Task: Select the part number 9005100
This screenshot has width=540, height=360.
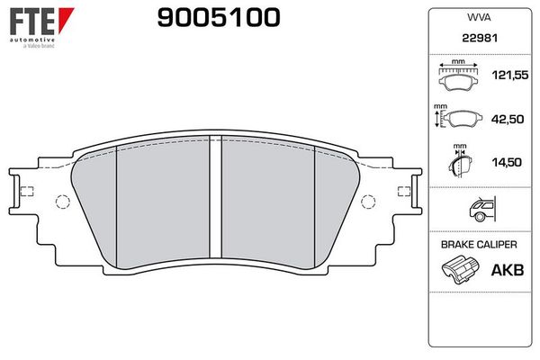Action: coord(218,17)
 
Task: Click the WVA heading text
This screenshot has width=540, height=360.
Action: coord(478,17)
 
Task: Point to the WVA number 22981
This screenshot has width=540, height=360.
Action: coord(478,40)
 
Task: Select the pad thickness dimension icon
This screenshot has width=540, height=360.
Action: coord(459,164)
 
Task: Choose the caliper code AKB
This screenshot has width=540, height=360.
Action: coord(509,268)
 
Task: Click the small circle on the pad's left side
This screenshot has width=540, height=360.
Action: coord(62,202)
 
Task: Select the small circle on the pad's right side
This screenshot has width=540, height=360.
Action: coord(368,202)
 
